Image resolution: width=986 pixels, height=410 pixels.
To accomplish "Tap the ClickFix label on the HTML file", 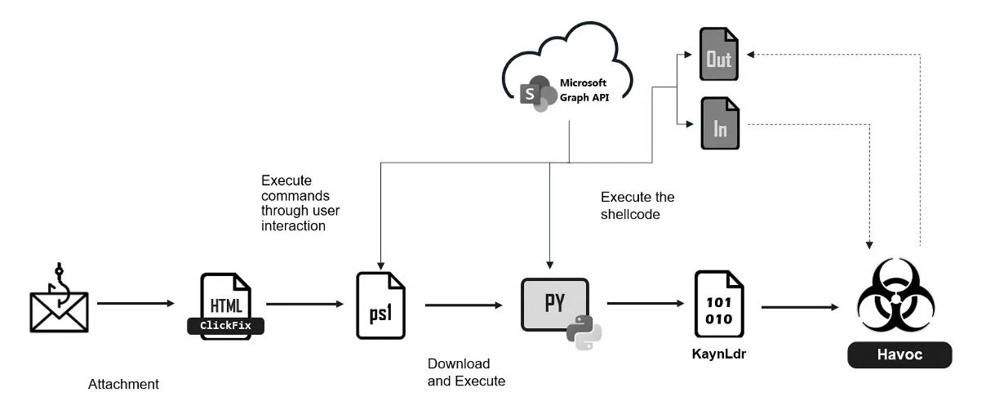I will pyautogui.click(x=226, y=326).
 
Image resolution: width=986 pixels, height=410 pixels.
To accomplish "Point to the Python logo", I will pyautogui.click(x=584, y=332).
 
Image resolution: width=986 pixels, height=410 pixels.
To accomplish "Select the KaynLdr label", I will pyautogui.click(x=719, y=354).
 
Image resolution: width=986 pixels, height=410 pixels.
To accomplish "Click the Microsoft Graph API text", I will pyautogui.click(x=583, y=89).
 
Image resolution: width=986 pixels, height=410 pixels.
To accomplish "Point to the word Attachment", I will pyautogui.click(x=123, y=384).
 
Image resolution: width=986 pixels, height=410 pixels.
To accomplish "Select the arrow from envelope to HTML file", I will pyautogui.click(x=136, y=304).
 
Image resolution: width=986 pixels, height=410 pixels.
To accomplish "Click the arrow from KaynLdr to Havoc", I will pyautogui.click(x=800, y=307).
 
